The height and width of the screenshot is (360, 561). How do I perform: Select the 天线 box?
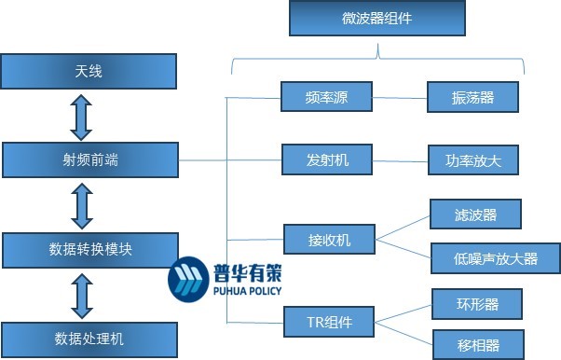click(89, 71)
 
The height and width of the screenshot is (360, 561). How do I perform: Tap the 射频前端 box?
click(89, 159)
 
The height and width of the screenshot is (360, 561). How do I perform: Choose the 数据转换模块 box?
click(89, 249)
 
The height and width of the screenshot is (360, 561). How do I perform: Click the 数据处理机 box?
click(89, 337)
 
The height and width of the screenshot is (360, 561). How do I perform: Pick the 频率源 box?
click(326, 96)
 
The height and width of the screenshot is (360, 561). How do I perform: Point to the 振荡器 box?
click(472, 96)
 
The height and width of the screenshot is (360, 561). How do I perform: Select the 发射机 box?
click(326, 159)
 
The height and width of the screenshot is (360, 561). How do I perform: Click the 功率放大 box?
click(472, 159)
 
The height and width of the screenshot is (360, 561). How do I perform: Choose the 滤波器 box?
click(475, 215)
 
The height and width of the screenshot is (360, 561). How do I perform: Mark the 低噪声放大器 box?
click(495, 258)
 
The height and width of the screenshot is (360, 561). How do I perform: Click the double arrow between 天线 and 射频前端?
click(82, 116)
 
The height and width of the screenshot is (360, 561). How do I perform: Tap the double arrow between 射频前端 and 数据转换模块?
click(82, 205)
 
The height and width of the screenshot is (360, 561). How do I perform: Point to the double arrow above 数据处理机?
click(82, 294)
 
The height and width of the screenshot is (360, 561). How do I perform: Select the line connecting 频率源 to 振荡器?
click(399, 96)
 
